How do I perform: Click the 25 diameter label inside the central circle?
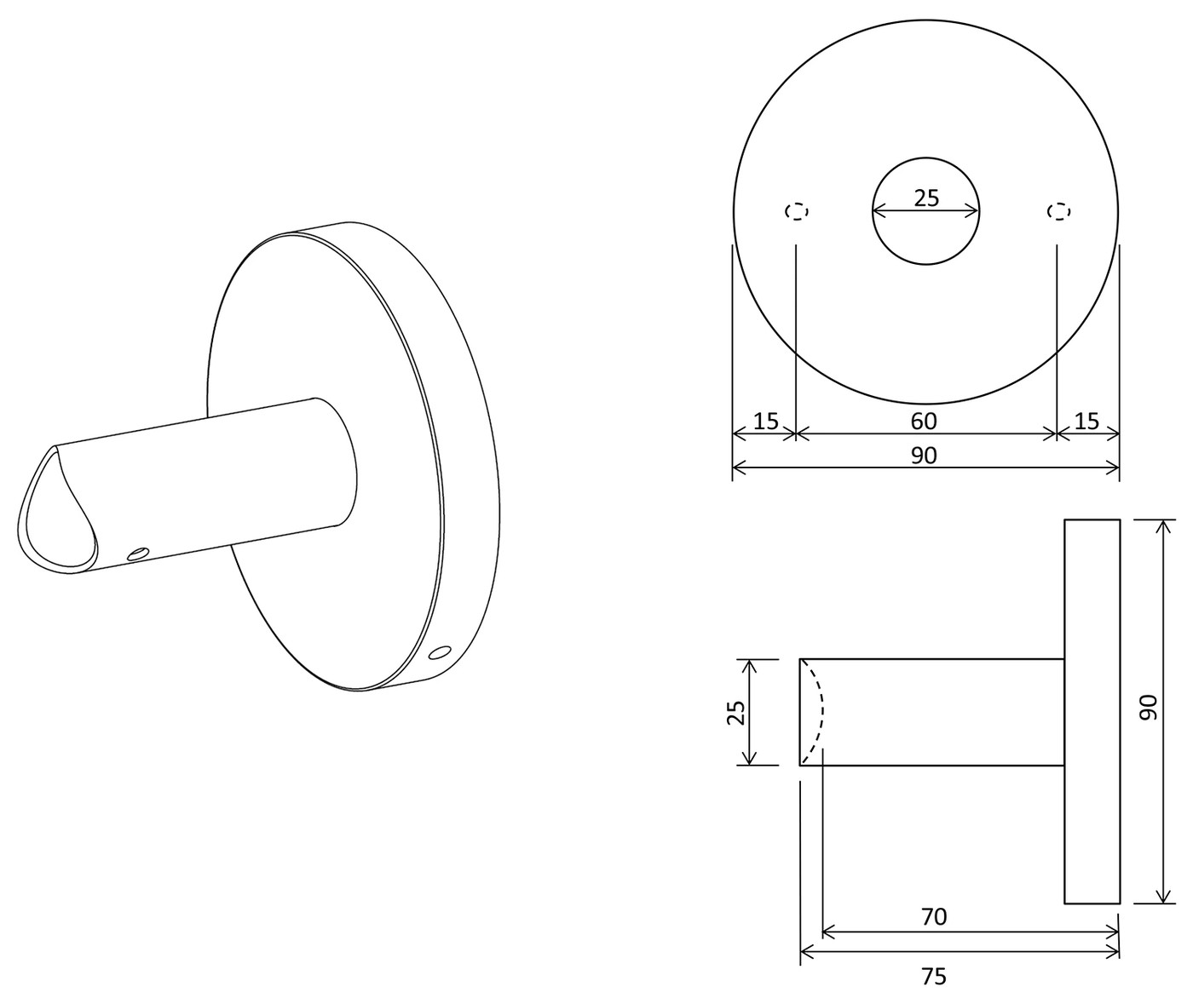pyautogui.click(x=926, y=198)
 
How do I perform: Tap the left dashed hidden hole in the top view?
pyautogui.click(x=797, y=211)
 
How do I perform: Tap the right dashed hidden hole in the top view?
pyautogui.click(x=1058, y=211)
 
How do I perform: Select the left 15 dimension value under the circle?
pyautogui.click(x=765, y=422)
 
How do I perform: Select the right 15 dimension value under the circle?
pyautogui.click(x=1086, y=422)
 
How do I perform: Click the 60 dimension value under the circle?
pyautogui.click(x=924, y=422)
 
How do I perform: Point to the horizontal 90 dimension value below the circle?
pyautogui.click(x=924, y=456)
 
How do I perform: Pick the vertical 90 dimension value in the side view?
pyautogui.click(x=1149, y=708)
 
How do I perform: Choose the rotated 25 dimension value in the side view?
pyautogui.click(x=736, y=712)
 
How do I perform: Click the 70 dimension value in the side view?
pyautogui.click(x=935, y=917)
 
